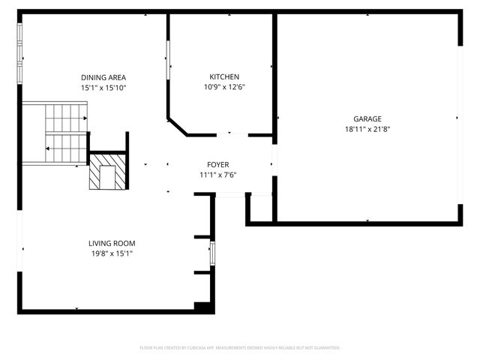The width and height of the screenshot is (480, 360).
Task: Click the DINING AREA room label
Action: tap(103, 77)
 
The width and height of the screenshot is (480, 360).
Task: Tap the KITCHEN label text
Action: tap(224, 76)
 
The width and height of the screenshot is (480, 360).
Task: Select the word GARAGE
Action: tap(367, 118)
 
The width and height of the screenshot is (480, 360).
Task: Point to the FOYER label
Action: tap(218, 164)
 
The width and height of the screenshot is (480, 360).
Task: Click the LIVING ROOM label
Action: tap(112, 243)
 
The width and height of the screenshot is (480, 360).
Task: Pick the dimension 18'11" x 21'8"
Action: tap(367, 129)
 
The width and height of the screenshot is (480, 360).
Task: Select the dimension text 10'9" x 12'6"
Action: tap(224, 87)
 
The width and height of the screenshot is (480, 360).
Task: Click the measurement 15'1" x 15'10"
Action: tap(103, 88)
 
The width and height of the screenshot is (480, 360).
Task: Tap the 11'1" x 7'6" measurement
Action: tap(218, 175)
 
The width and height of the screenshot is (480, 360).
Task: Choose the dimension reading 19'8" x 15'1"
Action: tap(112, 253)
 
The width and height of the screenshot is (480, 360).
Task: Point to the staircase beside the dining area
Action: tap(66, 133)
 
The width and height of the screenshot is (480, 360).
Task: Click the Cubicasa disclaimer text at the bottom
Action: tap(240, 348)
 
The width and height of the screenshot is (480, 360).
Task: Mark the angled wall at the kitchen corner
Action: tap(177, 126)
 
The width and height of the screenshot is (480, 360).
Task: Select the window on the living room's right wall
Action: tap(212, 253)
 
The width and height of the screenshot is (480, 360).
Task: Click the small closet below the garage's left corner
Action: tap(260, 208)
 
